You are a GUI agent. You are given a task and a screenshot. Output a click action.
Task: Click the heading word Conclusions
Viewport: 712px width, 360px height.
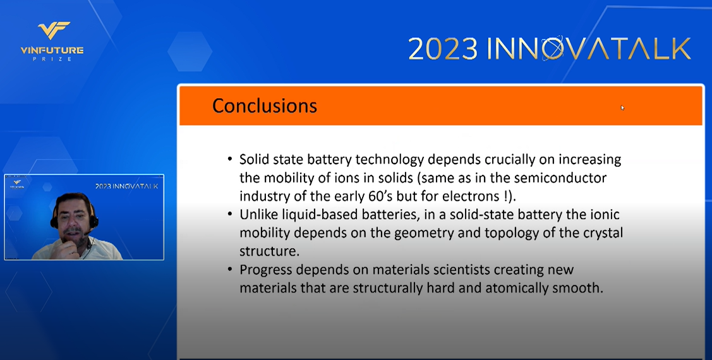pyautogui.click(x=265, y=105)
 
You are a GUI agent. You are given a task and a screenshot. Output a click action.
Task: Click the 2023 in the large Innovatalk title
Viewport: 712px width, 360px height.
pyautogui.click(x=443, y=49)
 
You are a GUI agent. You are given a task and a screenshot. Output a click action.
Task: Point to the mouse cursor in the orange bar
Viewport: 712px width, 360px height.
pyautogui.click(x=622, y=107)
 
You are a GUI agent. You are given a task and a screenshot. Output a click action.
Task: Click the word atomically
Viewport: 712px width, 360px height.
pyautogui.click(x=515, y=288)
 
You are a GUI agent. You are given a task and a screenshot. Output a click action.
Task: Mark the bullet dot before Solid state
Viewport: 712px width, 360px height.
pyautogui.click(x=230, y=159)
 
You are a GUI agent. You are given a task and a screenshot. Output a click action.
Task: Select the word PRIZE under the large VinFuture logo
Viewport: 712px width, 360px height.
pyautogui.click(x=52, y=59)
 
